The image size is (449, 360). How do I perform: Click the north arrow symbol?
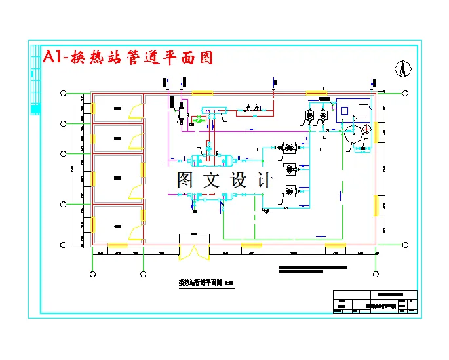point(404,68)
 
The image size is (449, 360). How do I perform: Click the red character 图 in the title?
point(206,57)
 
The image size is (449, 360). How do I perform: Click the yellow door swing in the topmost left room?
point(136,111)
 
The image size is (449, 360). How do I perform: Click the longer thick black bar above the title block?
point(313,267)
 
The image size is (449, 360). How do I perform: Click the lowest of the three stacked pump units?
point(289,191)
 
